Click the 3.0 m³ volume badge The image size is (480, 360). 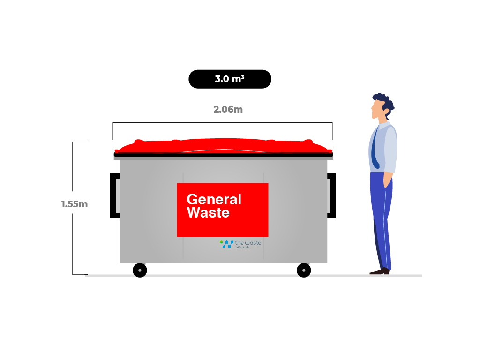(x=230, y=79)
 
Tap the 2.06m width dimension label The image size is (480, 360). (x=228, y=109)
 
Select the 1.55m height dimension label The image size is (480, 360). (x=75, y=204)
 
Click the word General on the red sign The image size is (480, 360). (x=214, y=199)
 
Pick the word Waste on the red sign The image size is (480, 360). (x=208, y=212)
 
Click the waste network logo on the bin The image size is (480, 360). (x=240, y=244)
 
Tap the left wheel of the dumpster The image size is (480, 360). (x=140, y=270)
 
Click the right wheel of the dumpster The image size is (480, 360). (x=304, y=270)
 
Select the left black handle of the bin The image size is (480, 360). (x=112, y=195)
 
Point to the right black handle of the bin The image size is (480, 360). (x=334, y=195)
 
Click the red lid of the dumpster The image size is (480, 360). (x=224, y=146)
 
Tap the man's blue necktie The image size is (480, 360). (x=375, y=147)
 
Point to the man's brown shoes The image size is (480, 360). (x=380, y=271)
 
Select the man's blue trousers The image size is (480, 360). (x=381, y=220)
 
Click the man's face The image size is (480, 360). (x=376, y=109)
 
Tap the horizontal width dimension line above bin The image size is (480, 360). (x=223, y=123)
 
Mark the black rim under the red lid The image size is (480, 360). (x=224, y=155)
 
